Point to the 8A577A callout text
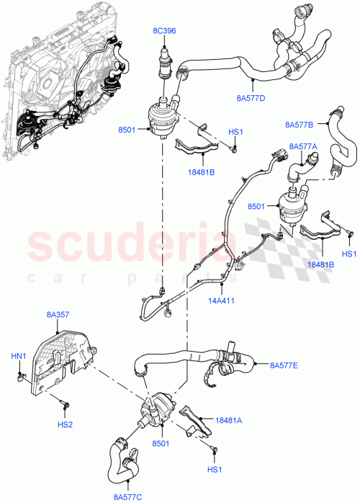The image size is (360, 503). [302, 146]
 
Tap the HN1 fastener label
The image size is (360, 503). [18, 357]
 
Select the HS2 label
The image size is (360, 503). [66, 425]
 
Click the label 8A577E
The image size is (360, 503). [284, 365]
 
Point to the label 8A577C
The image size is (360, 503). [127, 496]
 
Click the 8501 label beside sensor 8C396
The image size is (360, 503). [127, 130]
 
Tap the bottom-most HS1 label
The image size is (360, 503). [215, 470]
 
